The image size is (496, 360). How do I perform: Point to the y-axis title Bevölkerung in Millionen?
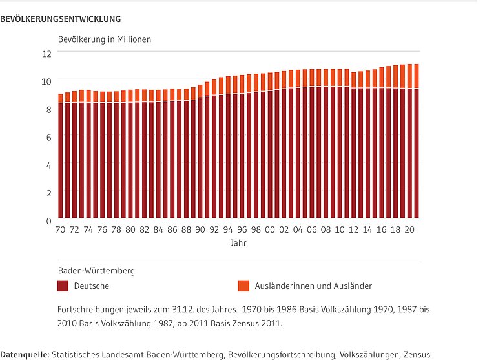(x=105, y=39)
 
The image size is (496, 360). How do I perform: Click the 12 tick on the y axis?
(x=46, y=54)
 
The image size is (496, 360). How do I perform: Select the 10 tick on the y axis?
(x=46, y=81)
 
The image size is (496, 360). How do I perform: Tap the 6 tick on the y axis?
(x=48, y=137)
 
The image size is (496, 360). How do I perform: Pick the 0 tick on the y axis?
(x=48, y=221)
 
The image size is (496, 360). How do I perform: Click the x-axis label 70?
(x=61, y=230)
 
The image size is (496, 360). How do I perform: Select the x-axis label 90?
(x=200, y=230)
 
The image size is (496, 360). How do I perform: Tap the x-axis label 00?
(x=270, y=230)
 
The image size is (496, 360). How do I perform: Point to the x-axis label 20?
(x=409, y=230)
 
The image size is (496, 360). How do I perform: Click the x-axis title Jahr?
(x=238, y=244)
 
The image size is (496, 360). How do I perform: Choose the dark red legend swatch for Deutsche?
(x=63, y=286)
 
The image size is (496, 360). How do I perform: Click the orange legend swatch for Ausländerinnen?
(x=243, y=286)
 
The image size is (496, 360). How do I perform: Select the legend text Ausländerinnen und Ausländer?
(x=313, y=286)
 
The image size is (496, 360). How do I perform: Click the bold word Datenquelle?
(x=25, y=354)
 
